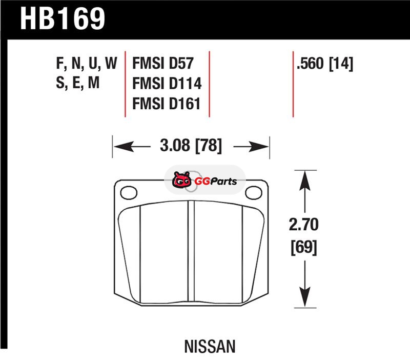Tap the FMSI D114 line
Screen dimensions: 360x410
tap(167, 84)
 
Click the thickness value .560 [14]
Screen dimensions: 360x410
tap(324, 65)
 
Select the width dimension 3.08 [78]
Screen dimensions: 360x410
tap(191, 147)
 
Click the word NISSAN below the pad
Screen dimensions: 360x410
tap(210, 347)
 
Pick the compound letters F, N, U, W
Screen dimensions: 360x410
tap(86, 65)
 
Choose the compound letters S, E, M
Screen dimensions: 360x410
tap(77, 84)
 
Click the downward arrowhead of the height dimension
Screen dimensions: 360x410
tap(304, 302)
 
